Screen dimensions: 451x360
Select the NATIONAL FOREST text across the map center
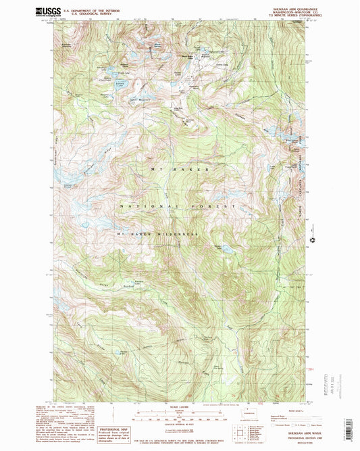(x=178, y=204)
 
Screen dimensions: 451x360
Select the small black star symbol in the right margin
(x=312, y=239)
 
